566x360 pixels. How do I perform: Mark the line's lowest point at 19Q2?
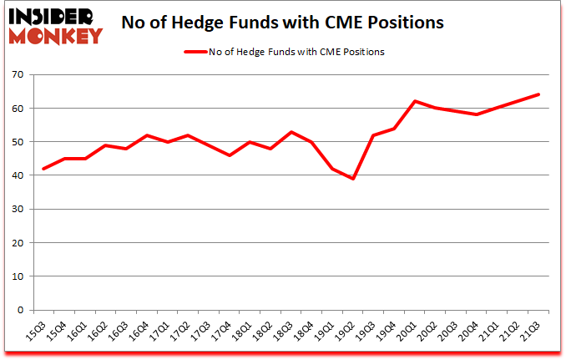click(x=353, y=179)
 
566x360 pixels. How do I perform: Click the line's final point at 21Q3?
click(x=538, y=94)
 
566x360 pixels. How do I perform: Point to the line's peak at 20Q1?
click(x=415, y=101)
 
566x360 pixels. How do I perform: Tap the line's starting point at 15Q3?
click(x=43, y=169)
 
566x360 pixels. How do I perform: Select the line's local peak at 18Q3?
click(x=291, y=132)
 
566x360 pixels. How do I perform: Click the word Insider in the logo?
click(x=51, y=16)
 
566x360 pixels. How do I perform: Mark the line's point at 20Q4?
click(x=477, y=114)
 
